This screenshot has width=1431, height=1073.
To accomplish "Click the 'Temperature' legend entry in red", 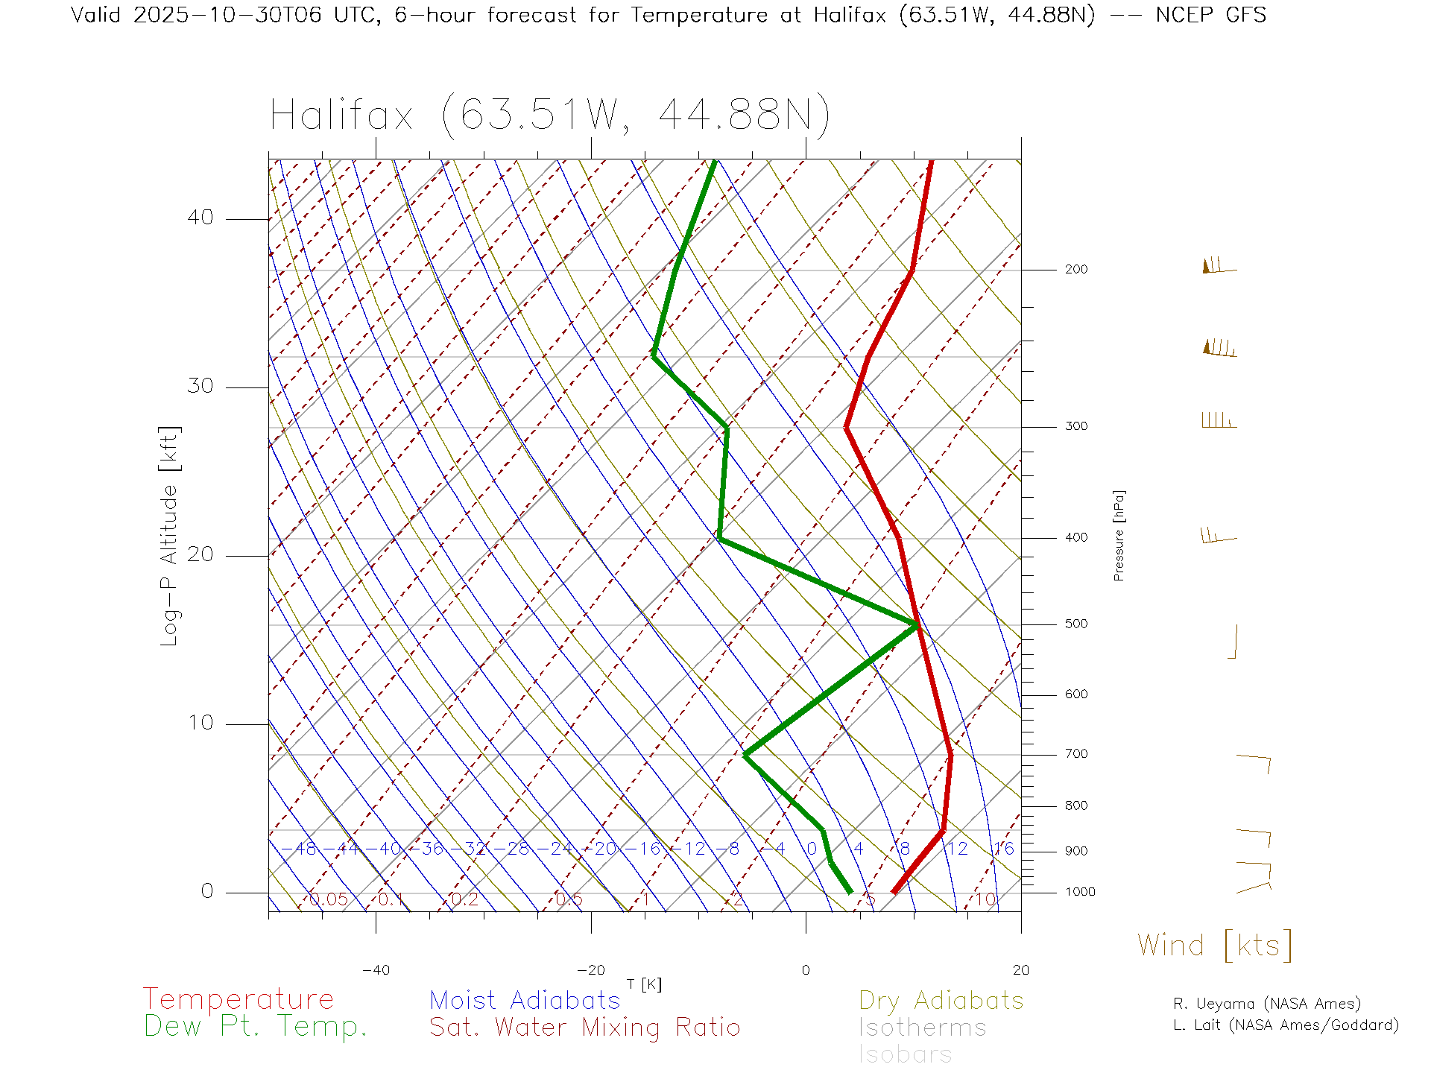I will tap(238, 998).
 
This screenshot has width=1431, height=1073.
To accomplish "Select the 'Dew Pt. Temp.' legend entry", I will tap(256, 1027).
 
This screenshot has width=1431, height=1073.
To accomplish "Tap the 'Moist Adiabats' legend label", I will tap(525, 1000).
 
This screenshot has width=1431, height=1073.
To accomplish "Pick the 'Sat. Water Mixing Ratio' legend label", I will tap(584, 1028).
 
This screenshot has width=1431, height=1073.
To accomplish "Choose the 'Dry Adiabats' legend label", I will tap(941, 1000).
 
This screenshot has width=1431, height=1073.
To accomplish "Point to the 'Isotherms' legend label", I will tap(922, 1028).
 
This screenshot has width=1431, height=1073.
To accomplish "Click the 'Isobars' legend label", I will tap(905, 1054).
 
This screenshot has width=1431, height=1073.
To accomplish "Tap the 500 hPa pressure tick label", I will tap(1075, 624).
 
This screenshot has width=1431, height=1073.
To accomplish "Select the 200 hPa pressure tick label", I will tap(1075, 269).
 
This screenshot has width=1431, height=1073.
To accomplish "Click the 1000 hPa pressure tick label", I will tap(1079, 892).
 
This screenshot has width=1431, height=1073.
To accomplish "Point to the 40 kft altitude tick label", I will tap(200, 218).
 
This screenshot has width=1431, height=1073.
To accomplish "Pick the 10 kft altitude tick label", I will tap(200, 723).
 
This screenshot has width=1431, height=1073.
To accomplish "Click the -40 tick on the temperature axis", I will tap(376, 970).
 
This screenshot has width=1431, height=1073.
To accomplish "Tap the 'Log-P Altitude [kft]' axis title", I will tap(170, 536).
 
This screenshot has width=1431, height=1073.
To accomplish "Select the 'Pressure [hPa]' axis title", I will tap(1119, 535).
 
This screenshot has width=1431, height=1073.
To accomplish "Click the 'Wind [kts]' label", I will tap(1215, 945).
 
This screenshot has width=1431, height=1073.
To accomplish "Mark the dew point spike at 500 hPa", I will tap(916, 625).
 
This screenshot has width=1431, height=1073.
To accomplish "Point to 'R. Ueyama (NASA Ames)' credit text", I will tap(1266, 1004).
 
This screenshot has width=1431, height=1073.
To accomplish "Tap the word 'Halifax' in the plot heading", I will tap(341, 115).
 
